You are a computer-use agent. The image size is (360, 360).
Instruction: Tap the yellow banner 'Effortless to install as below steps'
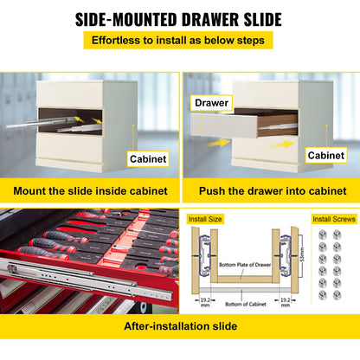(179, 40)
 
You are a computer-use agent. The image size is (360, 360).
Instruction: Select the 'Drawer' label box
(212, 103)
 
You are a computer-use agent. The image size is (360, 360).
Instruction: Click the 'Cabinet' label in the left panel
(149, 159)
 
